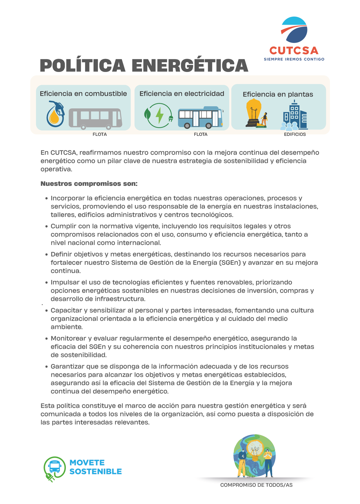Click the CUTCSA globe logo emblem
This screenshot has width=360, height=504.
click(294, 30)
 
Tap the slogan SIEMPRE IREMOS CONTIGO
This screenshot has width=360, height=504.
click(294, 59)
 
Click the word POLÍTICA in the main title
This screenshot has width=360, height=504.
click(82, 66)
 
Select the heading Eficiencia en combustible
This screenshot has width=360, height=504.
click(83, 94)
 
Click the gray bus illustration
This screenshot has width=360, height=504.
click(95, 118)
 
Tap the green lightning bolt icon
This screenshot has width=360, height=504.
click(159, 115)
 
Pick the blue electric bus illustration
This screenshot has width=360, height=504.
click(200, 117)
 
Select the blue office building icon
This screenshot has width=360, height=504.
click(295, 116)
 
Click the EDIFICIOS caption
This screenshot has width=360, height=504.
click(294, 134)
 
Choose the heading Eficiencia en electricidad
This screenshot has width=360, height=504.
click(182, 94)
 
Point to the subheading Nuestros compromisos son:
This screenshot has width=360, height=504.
click(89, 184)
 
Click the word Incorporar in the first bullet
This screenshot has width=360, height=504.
click(67, 198)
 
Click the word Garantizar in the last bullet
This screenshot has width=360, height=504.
click(67, 366)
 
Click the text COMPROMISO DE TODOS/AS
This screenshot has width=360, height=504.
click(256, 485)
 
